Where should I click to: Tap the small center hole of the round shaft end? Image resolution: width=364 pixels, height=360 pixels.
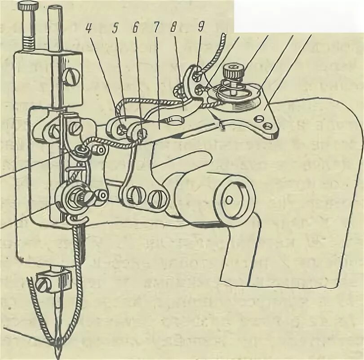click(230, 198)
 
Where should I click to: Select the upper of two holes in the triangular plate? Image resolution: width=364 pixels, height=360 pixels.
click(259, 118)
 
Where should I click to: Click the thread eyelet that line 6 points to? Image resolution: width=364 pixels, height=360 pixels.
click(140, 133)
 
